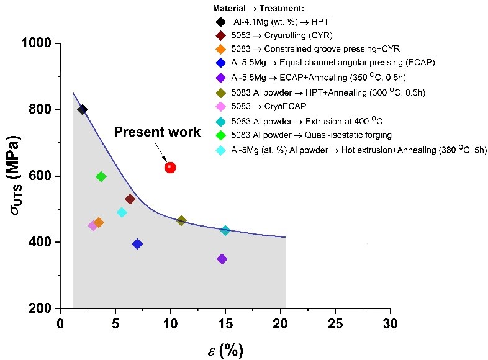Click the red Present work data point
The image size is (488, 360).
click(x=170, y=167)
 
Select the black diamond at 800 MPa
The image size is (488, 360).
click(x=83, y=110)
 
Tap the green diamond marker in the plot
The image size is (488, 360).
click(x=101, y=176)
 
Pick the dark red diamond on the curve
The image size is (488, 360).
click(x=130, y=199)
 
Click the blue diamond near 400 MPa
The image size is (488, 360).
click(x=137, y=244)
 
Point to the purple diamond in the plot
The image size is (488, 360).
click(x=222, y=259)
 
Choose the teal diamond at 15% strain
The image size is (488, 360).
click(x=225, y=230)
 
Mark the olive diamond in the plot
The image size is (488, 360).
click(x=181, y=220)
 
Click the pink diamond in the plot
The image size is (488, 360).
click(x=93, y=225)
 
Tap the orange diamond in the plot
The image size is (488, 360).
click(x=99, y=222)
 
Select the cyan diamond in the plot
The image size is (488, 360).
click(x=122, y=212)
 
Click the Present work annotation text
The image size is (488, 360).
click(x=156, y=132)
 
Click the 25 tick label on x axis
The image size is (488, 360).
click(x=335, y=324)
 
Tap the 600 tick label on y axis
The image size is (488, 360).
click(x=42, y=176)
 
